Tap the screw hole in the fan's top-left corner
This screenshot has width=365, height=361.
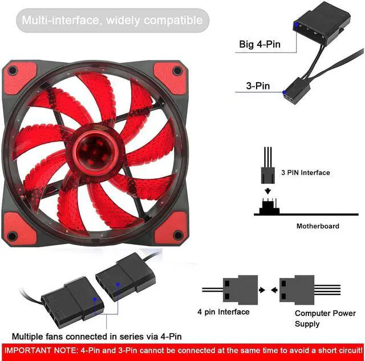(13, 70)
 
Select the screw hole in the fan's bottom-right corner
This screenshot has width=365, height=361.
(178, 235)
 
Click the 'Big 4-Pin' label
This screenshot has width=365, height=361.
(259, 44)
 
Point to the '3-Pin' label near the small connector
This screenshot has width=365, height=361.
(258, 86)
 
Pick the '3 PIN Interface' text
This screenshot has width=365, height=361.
(306, 173)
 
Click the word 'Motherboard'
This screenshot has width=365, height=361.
(318, 226)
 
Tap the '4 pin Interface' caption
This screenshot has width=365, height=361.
(223, 311)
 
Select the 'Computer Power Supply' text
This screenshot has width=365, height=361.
(325, 318)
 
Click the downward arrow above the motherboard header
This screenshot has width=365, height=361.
(267, 191)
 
